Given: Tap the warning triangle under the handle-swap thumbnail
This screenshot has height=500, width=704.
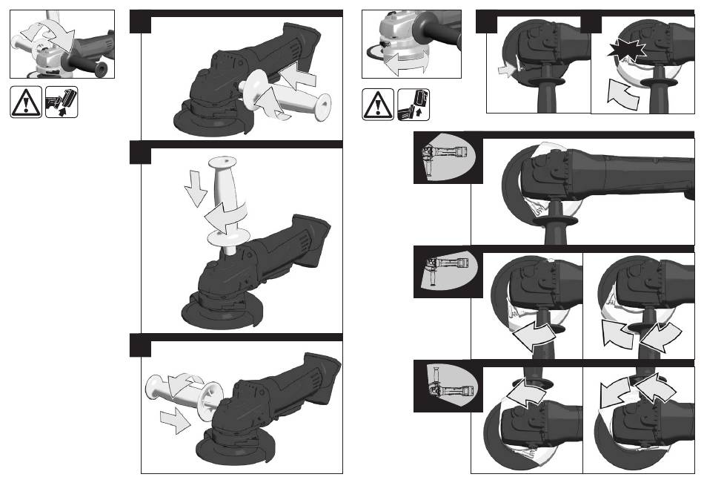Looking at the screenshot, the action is coord(26,102).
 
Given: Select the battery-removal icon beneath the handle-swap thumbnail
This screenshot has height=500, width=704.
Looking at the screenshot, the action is coord(62,102).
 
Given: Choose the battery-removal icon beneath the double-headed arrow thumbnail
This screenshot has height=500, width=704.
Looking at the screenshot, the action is coord(414,104).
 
